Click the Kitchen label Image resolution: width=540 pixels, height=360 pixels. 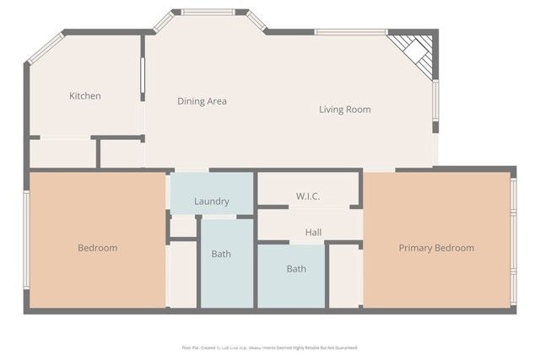tap(84, 96)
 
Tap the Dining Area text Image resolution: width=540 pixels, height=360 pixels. tap(202, 101)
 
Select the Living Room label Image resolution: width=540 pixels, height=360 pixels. tap(344, 110)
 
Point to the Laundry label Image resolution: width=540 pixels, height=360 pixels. tap(211, 201)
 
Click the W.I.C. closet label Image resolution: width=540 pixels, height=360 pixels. tap(307, 197)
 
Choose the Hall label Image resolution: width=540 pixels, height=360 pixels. tap(313, 232)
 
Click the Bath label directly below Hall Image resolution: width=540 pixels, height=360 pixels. tap(296, 269)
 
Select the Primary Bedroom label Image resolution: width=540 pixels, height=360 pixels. tap(436, 248)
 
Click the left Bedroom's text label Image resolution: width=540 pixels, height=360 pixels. tap(97, 248)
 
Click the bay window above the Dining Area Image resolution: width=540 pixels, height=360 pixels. tap(208, 13)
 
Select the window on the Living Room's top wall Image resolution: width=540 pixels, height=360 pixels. tap(350, 32)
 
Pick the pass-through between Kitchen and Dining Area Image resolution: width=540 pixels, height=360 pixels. tap(143, 79)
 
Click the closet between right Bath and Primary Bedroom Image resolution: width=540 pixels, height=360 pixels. tap(344, 277)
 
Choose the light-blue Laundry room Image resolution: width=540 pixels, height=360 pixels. tap(211, 191)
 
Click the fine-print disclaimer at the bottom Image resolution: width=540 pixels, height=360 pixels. tap(269, 347)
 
